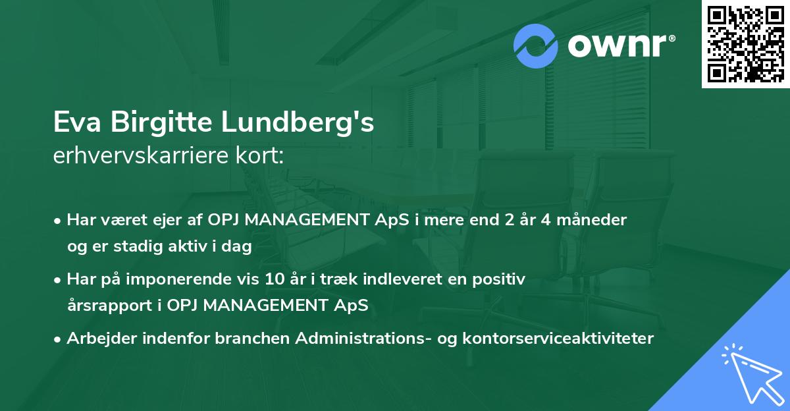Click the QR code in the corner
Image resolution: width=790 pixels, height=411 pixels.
coord(745,44)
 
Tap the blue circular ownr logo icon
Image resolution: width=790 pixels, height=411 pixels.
coord(535,46)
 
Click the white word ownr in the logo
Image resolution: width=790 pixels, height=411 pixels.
coord(617,46)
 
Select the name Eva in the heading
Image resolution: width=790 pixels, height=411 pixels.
coord(77,122)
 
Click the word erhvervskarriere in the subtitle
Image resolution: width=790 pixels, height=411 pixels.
coord(141,155)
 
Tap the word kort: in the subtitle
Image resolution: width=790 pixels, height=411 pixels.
coord(259,155)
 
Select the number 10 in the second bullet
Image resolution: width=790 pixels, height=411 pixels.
coord(275,279)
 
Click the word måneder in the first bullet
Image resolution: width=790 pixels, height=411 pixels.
coord(591,220)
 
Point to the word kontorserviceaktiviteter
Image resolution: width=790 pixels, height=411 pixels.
coord(558,338)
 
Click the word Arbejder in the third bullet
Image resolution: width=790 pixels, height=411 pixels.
coord(101,339)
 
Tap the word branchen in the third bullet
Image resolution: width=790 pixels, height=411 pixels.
coord(251,338)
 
